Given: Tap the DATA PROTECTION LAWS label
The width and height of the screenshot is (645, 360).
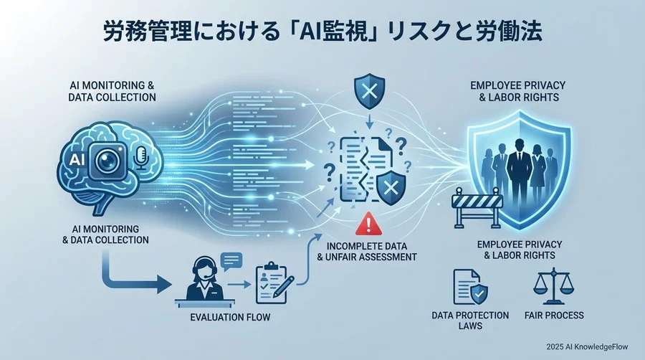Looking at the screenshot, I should point(471,321).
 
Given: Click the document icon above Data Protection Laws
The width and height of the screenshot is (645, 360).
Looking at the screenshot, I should point(469,286).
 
